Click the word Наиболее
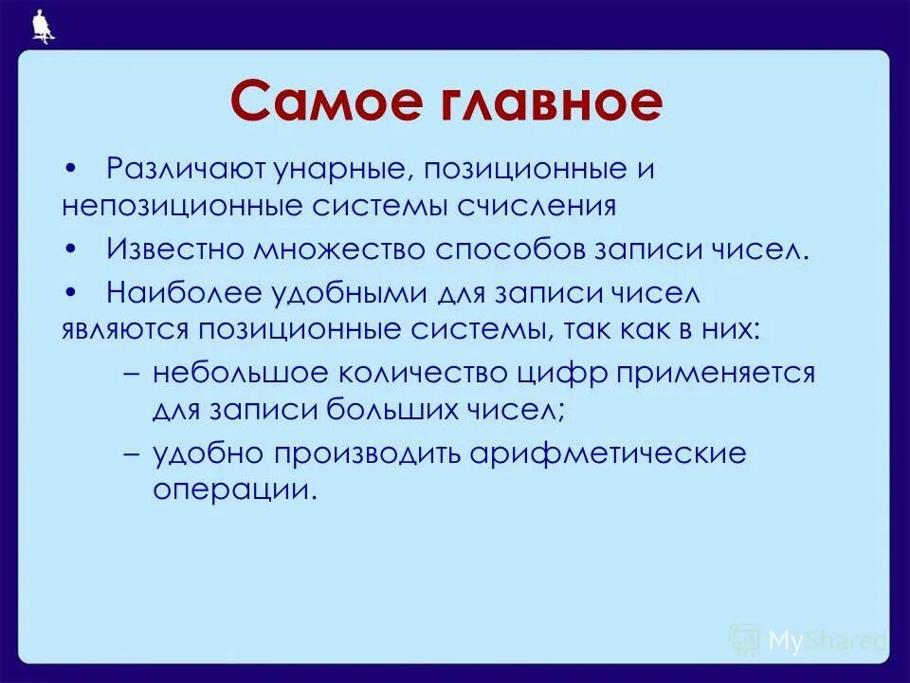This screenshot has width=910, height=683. [x=175, y=293]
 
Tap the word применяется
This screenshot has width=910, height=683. [x=718, y=373]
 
